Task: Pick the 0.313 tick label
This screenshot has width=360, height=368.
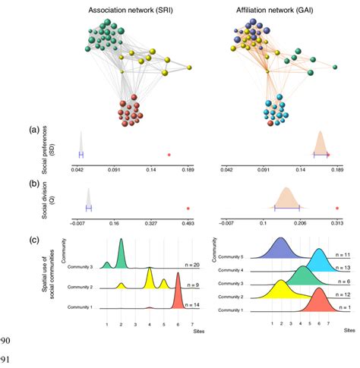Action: click(x=336, y=225)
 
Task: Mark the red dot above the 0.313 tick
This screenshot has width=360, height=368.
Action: click(x=336, y=208)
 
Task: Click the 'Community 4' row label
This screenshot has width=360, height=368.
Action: click(x=235, y=270)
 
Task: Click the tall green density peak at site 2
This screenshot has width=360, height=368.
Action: click(x=121, y=254)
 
